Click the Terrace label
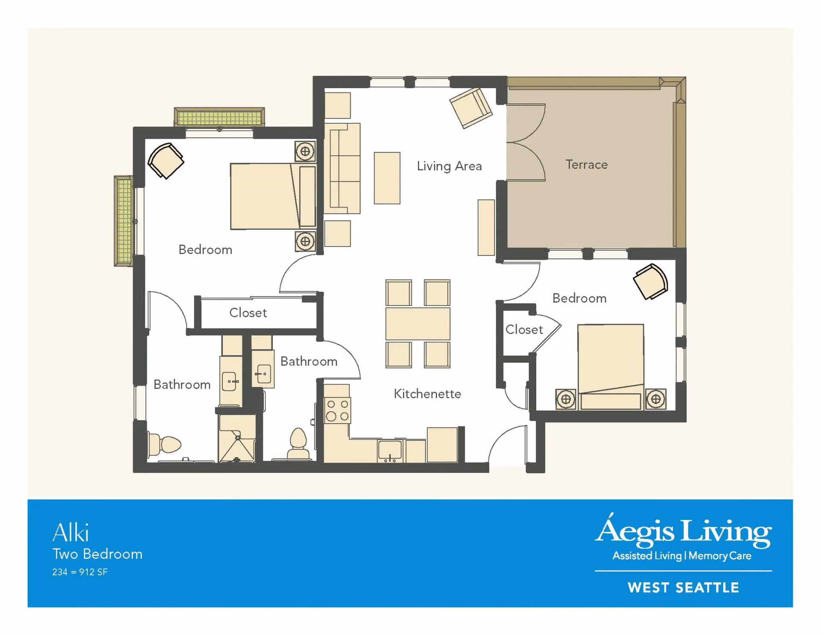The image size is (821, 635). [x=586, y=165]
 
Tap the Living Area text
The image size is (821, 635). [x=449, y=166]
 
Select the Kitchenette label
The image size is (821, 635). [x=427, y=394]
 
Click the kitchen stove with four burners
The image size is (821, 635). [x=337, y=410]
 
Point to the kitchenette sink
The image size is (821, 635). [x=390, y=451]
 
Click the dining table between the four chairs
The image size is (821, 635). [x=418, y=324]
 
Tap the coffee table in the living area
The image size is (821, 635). [x=387, y=178]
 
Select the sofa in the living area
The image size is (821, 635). [x=342, y=168]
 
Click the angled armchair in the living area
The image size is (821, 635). [x=471, y=108]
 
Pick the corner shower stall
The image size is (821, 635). [x=237, y=439]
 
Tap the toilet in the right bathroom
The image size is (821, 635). [x=298, y=444]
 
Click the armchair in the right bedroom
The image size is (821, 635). [x=650, y=281]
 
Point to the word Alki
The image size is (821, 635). [x=71, y=533]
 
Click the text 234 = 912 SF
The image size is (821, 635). [x=80, y=572]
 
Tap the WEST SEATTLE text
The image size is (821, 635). [x=683, y=588]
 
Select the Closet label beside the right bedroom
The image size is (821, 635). [x=524, y=329]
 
